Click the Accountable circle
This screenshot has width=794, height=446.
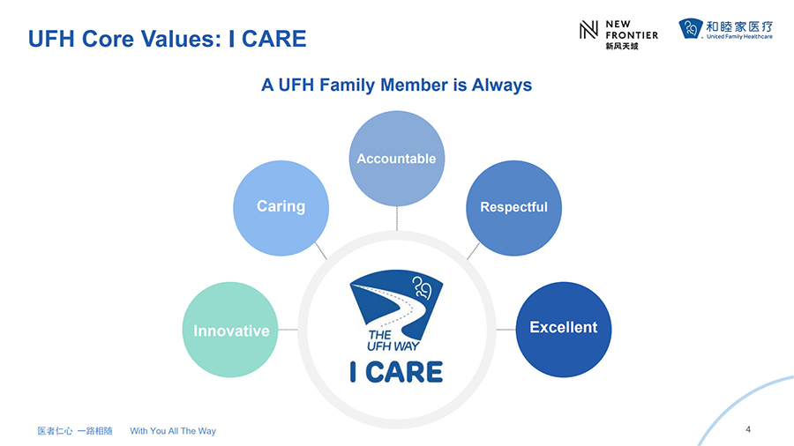[396, 159]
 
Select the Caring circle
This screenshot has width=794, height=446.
[281, 208]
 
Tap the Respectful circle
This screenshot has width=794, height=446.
[513, 208]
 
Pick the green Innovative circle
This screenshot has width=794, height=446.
[230, 330]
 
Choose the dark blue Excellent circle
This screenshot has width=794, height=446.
[564, 330]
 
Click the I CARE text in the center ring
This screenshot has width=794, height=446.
[396, 372]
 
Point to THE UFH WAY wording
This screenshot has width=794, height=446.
[393, 340]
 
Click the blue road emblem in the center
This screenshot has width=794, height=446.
[396, 304]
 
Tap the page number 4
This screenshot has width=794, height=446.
[748, 429]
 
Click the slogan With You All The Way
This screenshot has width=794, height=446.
[173, 431]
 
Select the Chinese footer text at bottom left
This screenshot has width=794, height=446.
[75, 431]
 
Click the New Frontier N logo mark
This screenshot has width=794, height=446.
[588, 30]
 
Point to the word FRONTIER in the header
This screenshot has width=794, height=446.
[632, 35]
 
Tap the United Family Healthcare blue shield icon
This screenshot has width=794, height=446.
[691, 28]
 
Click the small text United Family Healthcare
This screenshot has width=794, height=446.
[739, 36]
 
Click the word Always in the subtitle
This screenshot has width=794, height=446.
[502, 85]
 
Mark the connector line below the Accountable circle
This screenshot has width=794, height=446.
[396, 219]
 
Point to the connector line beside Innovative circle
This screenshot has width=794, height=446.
[288, 330]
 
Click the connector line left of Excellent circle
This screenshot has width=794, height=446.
[506, 330]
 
